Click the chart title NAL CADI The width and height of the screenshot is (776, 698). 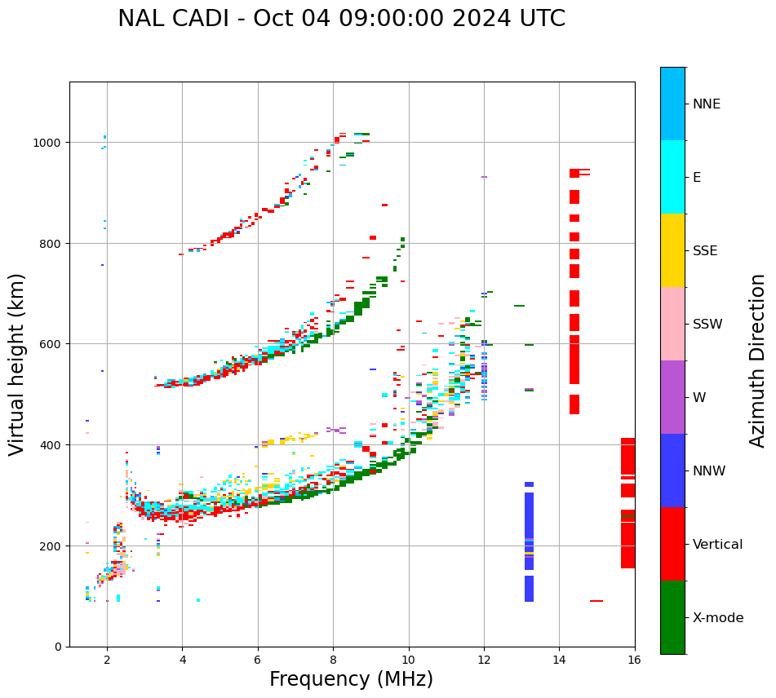[341, 19]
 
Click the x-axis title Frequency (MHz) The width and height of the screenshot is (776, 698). [351, 679]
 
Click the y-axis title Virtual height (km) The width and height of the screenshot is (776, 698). [17, 364]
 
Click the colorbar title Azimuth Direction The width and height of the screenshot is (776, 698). [758, 360]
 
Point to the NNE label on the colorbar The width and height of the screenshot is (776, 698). [707, 104]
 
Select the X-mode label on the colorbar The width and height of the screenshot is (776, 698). [718, 617]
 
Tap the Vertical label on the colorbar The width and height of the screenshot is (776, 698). [718, 544]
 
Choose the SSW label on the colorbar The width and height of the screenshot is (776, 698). [707, 324]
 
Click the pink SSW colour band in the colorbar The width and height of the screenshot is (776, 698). [672, 324]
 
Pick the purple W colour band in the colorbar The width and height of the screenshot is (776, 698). [672, 397]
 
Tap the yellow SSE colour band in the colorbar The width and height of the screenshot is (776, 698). [672, 250]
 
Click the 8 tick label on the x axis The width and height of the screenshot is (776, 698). [333, 660]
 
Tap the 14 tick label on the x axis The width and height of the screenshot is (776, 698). [559, 660]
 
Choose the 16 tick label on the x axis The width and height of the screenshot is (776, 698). [634, 660]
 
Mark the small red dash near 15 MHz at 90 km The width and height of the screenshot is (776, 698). [596, 601]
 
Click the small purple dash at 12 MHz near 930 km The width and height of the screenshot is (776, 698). [484, 177]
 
